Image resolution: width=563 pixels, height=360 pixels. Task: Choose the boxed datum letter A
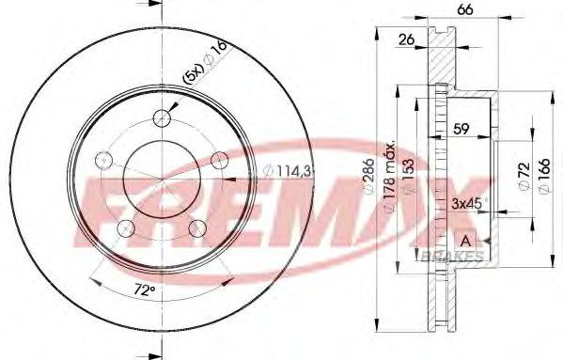tap(464, 241)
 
